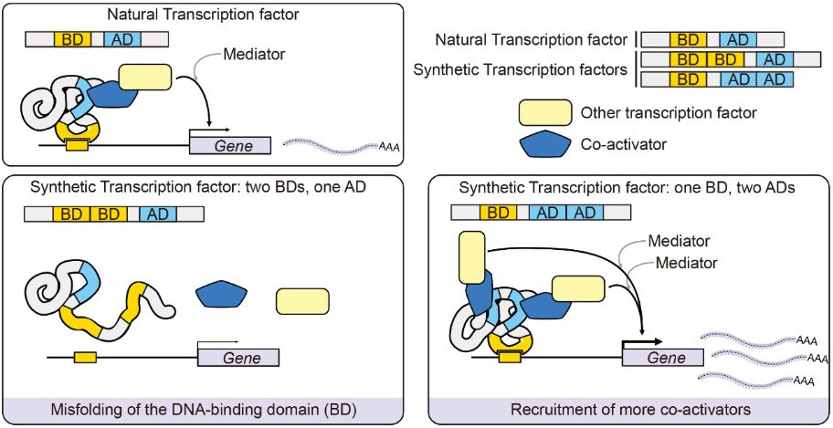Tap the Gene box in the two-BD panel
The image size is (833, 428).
tap(238, 358)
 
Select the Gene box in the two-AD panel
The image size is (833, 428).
tap(666, 358)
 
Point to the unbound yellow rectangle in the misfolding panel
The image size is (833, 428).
tap(302, 302)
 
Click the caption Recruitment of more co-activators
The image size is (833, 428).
tap(629, 410)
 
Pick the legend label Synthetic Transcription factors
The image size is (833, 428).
tap(520, 69)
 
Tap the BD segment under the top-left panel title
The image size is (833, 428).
tap(69, 39)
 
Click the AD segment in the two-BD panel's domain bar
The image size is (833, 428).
tap(157, 215)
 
